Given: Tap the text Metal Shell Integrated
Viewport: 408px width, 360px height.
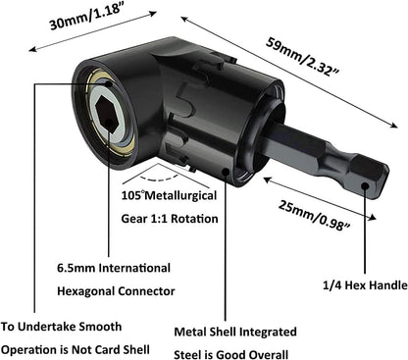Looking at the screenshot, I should (x=235, y=332).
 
